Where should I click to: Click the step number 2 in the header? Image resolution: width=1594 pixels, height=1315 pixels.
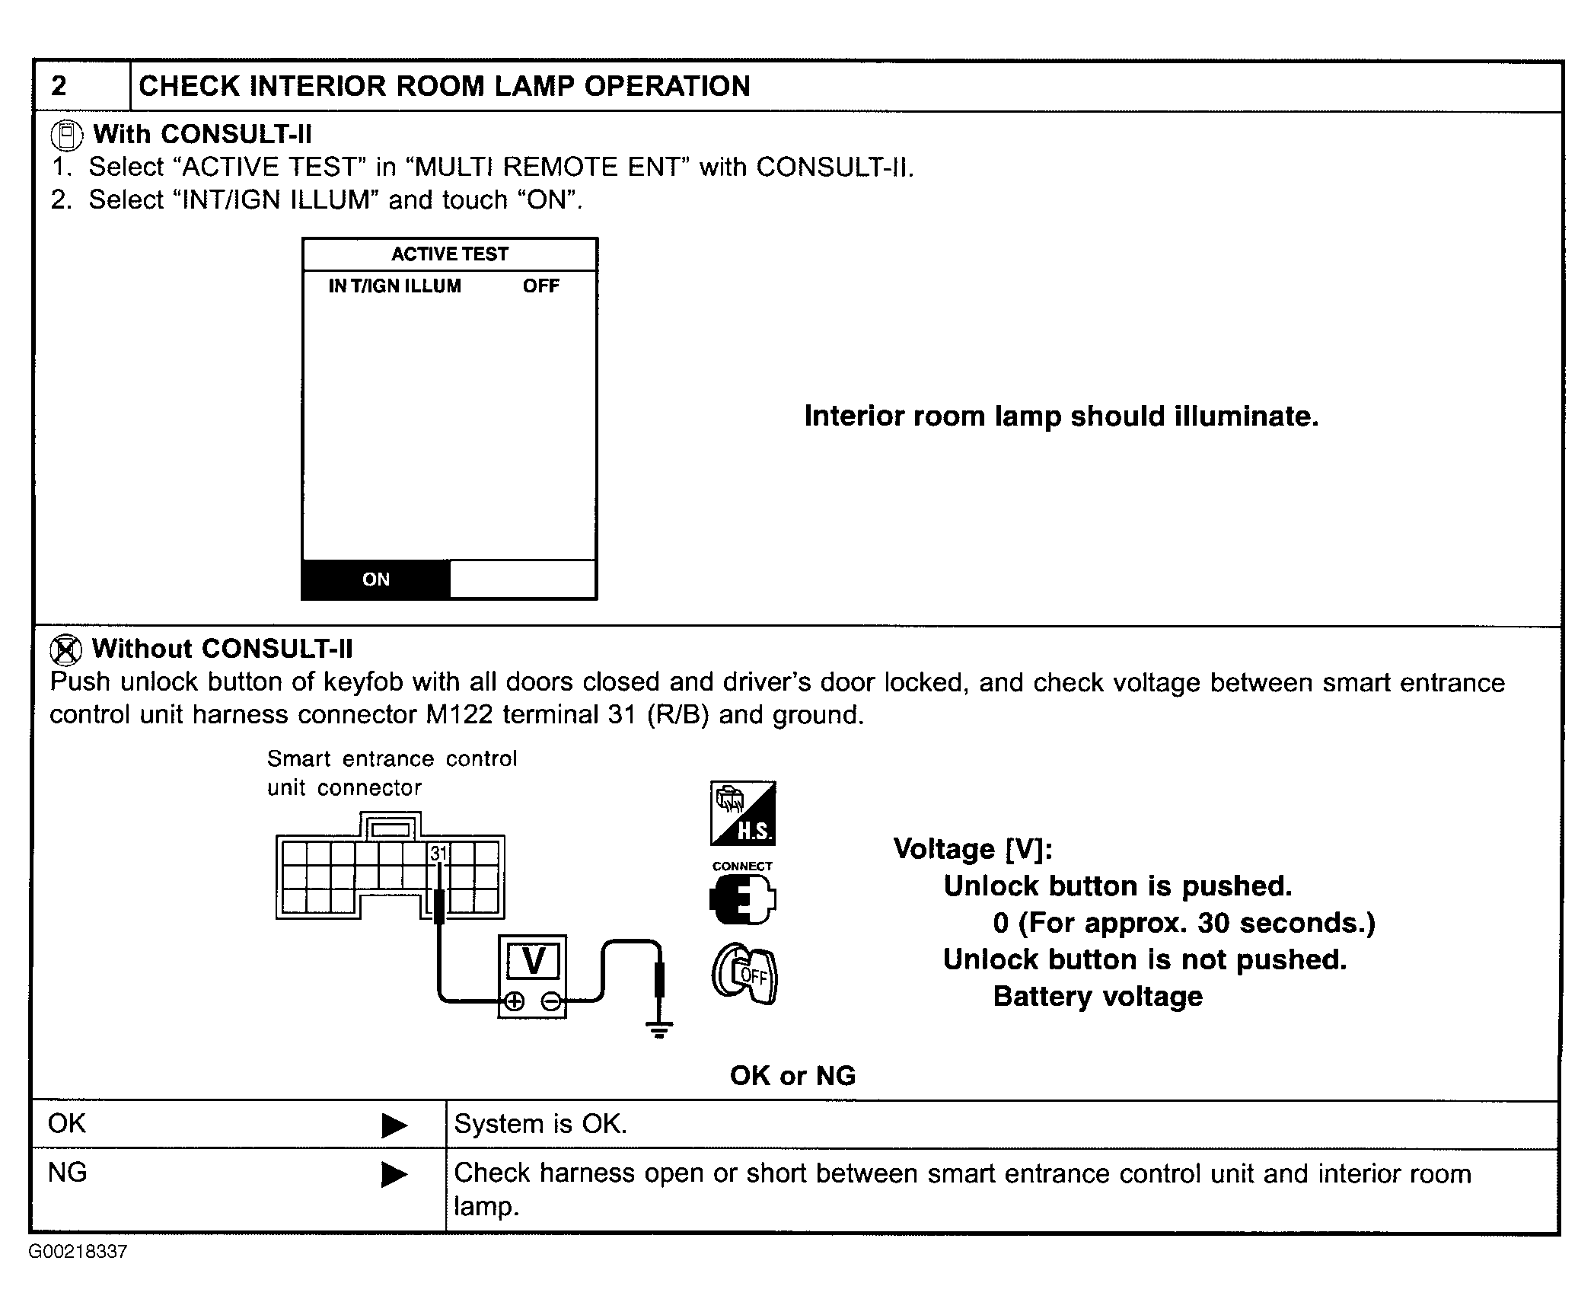click(59, 86)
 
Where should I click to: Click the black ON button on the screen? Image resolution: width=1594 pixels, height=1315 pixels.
click(376, 579)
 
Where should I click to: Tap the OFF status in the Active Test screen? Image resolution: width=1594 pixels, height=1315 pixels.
click(540, 286)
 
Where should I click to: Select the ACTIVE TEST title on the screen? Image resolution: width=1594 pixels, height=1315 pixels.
click(449, 254)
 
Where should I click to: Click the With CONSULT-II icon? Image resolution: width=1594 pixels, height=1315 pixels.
click(66, 136)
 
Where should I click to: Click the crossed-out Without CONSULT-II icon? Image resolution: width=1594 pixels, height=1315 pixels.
click(65, 650)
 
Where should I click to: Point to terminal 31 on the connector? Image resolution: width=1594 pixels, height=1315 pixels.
click(438, 854)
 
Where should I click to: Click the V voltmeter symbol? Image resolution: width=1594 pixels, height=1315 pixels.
click(533, 960)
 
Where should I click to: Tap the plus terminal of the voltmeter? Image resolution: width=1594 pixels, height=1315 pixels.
click(515, 1001)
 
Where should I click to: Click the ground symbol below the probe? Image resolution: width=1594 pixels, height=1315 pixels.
click(659, 1030)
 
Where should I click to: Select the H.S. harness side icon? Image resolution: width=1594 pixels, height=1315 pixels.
click(743, 813)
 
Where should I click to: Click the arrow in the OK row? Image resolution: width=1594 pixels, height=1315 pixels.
click(394, 1125)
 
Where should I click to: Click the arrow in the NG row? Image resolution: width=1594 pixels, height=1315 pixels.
click(394, 1174)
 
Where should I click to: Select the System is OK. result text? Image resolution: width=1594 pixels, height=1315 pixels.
click(540, 1124)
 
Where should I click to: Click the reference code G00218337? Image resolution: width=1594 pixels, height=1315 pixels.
click(78, 1252)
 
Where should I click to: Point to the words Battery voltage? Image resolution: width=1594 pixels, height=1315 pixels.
click(1098, 997)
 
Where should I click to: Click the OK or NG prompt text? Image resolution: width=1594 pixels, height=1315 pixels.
click(792, 1075)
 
